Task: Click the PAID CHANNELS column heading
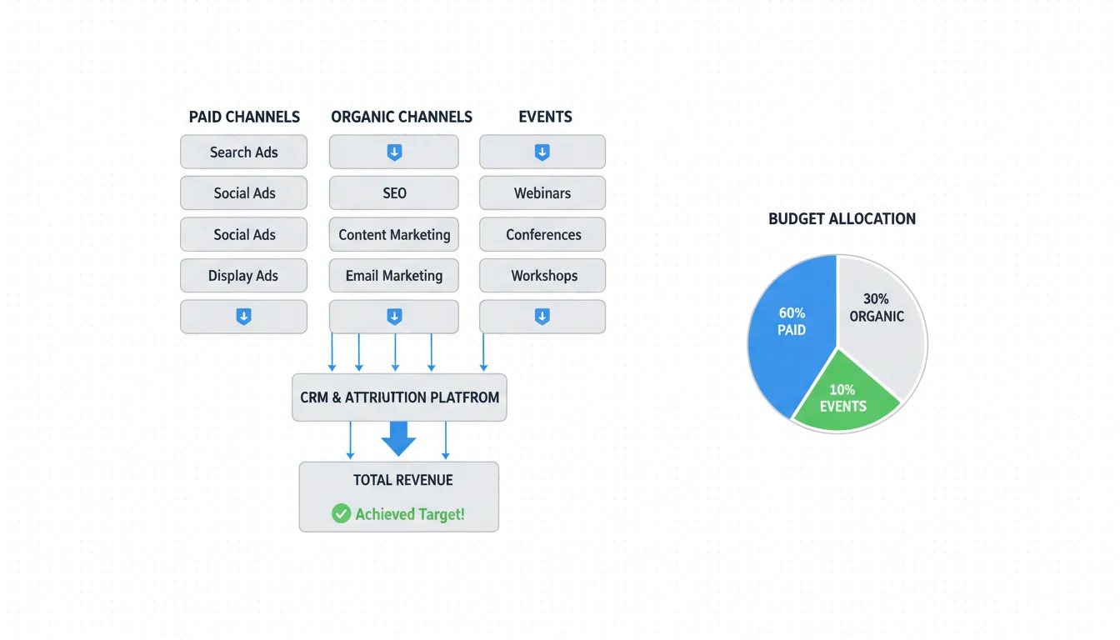244,117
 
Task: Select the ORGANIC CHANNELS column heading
402,117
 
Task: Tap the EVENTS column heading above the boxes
545,117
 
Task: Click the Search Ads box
243,152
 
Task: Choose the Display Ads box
243,276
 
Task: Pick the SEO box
394,193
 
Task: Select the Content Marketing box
394,235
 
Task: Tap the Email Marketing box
394,276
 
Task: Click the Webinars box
542,193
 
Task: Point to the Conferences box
542,235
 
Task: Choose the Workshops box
542,276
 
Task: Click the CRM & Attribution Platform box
399,397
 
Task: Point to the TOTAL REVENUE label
403,480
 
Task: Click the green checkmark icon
341,513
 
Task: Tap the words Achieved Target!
410,514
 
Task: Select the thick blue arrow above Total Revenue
398,438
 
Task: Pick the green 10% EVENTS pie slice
843,396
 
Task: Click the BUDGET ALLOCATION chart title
842,219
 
